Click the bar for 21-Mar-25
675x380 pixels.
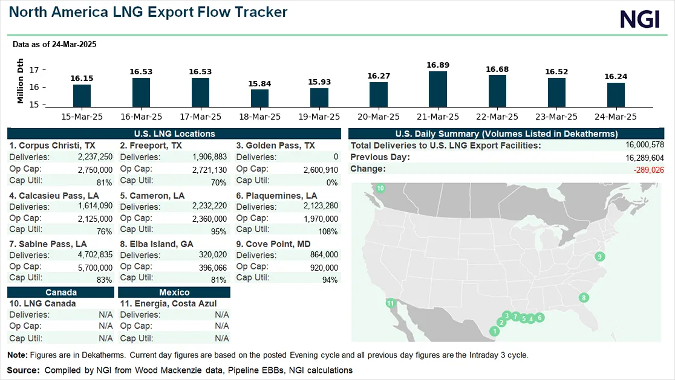(437, 89)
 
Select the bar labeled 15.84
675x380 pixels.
(259, 98)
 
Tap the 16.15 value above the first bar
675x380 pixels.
(82, 78)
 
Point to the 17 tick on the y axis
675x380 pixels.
(34, 70)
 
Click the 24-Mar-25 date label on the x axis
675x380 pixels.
(616, 116)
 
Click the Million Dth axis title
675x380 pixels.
(21, 81)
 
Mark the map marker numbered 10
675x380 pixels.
(380, 188)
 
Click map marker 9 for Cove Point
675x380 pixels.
(599, 257)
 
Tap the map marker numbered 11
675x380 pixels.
(391, 303)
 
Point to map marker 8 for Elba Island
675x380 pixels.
(584, 297)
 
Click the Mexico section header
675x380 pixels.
(174, 292)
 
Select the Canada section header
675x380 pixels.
(60, 292)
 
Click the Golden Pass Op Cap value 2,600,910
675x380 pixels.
(321, 170)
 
